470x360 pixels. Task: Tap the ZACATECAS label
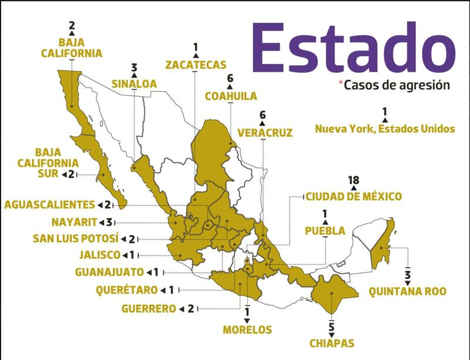[x=196, y=64]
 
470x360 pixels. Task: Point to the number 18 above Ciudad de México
[x=352, y=180]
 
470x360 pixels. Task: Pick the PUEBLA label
[x=325, y=231]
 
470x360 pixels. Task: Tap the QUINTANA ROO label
[x=407, y=291]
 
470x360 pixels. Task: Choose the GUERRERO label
[x=148, y=308]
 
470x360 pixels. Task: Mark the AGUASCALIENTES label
[x=49, y=204]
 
